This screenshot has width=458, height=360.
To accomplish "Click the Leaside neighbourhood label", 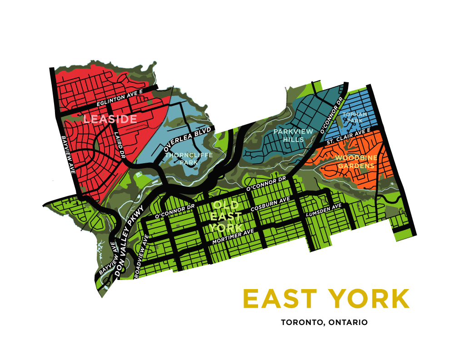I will [110, 120].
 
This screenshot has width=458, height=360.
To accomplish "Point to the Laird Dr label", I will [119, 145].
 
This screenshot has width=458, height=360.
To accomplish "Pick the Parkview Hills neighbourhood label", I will [293, 135].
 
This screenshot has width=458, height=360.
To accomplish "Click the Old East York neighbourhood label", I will [226, 215].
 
